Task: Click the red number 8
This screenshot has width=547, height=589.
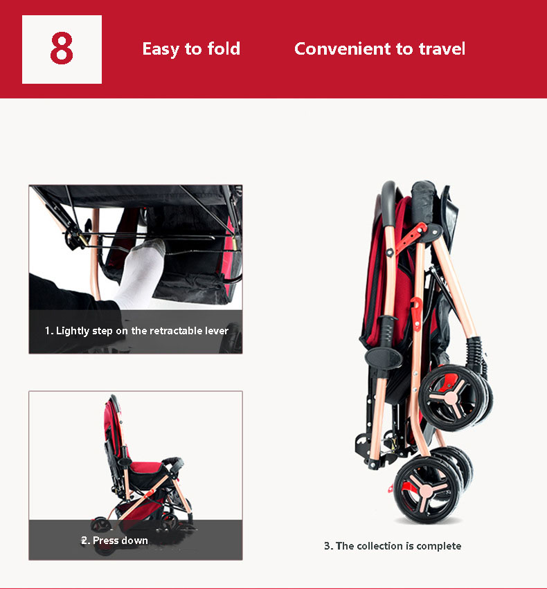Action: point(62,48)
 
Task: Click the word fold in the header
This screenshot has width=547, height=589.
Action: point(224,49)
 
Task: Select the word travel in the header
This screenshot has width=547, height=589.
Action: point(442,49)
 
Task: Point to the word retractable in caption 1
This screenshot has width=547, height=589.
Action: point(177,331)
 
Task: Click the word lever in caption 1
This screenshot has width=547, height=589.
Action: point(217,331)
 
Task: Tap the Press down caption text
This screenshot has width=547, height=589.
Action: point(115,540)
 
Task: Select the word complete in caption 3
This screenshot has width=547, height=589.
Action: point(439,546)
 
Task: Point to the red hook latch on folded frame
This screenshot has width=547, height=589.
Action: point(417,305)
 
